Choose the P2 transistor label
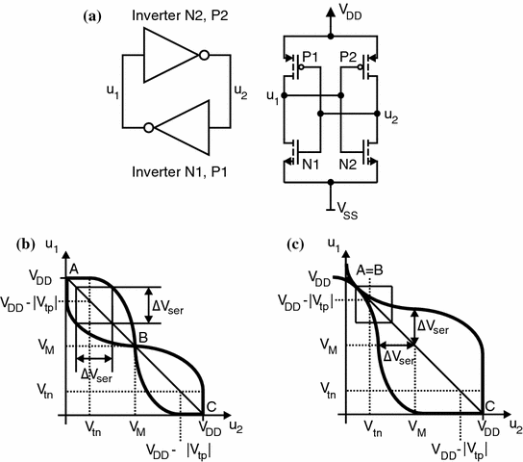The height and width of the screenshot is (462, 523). (353, 59)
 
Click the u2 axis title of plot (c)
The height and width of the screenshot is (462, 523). (514, 425)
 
